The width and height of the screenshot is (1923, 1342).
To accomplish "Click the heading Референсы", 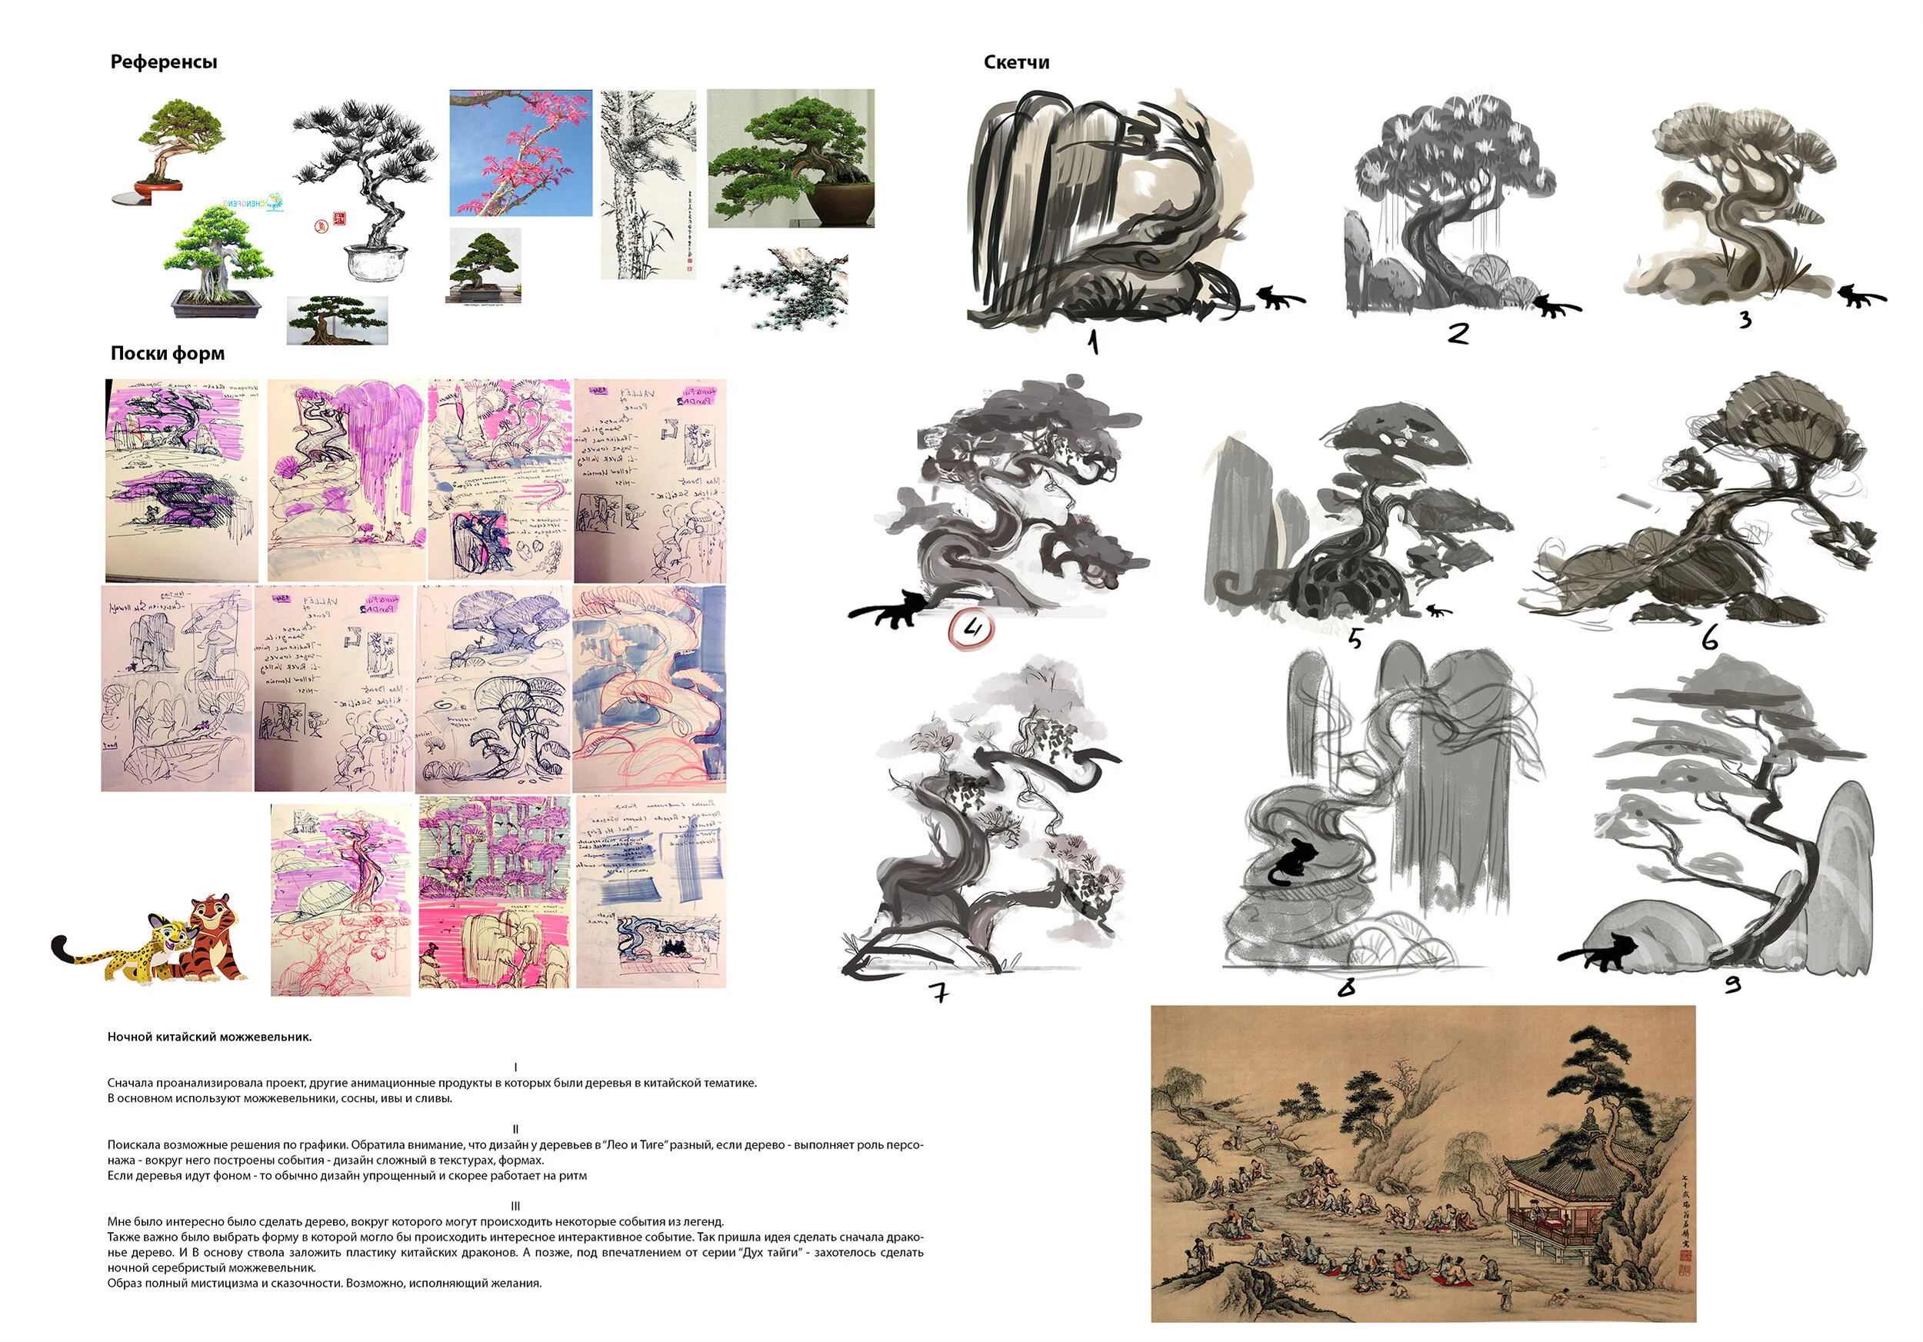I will coord(163,62).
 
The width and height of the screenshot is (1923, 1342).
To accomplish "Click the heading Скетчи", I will coord(1015,62).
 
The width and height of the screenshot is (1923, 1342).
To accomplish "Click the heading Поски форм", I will coord(168,353).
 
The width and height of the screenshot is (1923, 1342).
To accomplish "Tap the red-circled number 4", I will coord(971,629).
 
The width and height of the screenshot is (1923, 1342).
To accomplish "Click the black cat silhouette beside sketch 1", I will coord(1276,297).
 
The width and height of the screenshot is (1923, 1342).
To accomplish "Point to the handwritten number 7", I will coord(939,992).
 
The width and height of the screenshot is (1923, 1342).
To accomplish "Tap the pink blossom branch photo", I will coord(520,152).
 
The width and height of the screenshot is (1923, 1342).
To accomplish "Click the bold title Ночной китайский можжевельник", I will coord(209,1037).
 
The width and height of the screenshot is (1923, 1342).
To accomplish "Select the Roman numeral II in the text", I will coord(515,1128).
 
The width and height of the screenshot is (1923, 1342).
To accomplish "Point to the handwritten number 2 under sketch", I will coord(1458,333).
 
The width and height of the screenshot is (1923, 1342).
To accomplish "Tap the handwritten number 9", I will coord(1733,985).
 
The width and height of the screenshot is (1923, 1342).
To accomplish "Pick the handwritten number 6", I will coord(1709,640).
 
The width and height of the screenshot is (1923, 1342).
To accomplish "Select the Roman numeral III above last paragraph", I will coord(515,1206).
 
